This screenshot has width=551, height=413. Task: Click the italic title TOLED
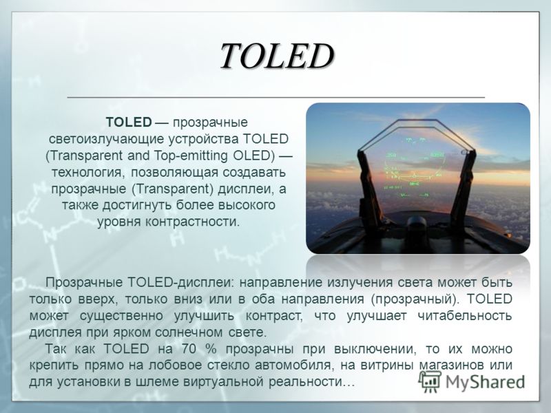[277, 56]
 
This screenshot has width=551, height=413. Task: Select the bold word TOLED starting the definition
[129, 123]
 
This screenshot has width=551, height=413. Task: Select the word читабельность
[464, 316]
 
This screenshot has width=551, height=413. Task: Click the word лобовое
[176, 366]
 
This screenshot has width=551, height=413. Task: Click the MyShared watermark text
[486, 383]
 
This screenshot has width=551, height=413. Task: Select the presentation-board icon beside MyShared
[430, 381]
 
